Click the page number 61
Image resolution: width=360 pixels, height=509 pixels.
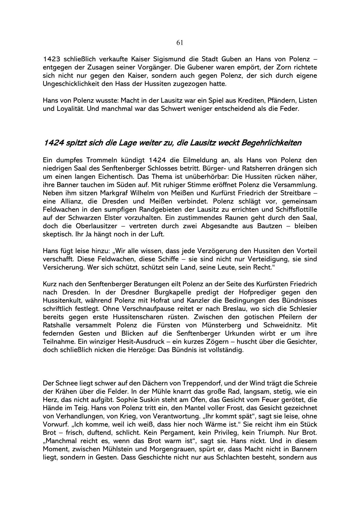pos(180,43)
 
